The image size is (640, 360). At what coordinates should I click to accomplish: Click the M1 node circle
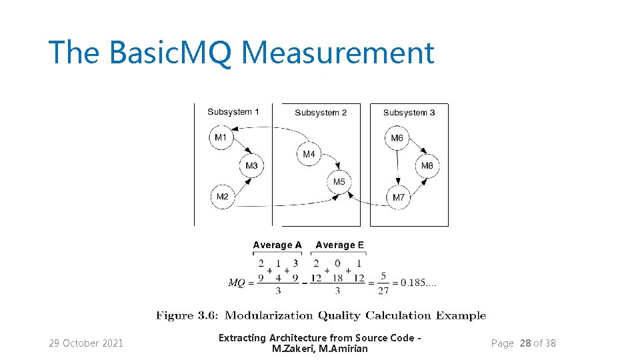[221, 138]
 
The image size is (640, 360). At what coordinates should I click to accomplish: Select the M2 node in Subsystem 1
[223, 197]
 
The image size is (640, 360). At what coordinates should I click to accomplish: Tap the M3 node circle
[251, 166]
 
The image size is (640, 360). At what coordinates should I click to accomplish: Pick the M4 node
[309, 154]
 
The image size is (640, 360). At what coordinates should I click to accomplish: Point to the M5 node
[339, 182]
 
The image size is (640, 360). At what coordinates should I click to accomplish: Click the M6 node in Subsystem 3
[397, 138]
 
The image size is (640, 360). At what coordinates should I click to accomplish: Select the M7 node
[398, 197]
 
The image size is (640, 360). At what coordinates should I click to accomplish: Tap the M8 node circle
[427, 166]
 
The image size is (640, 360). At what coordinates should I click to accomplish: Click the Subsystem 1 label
[233, 112]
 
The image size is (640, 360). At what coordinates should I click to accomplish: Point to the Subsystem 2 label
[321, 113]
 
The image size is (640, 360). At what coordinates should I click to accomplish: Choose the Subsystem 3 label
[409, 113]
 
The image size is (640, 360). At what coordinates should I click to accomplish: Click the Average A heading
[277, 245]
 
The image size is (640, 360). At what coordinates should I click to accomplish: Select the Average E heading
[340, 245]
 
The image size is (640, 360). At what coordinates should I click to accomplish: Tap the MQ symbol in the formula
[237, 283]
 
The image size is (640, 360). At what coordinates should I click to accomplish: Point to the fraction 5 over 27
[383, 283]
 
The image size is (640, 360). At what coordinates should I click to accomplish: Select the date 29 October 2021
[86, 343]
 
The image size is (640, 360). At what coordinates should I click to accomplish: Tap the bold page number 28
[525, 343]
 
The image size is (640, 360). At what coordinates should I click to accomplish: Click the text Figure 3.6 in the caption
[187, 316]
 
